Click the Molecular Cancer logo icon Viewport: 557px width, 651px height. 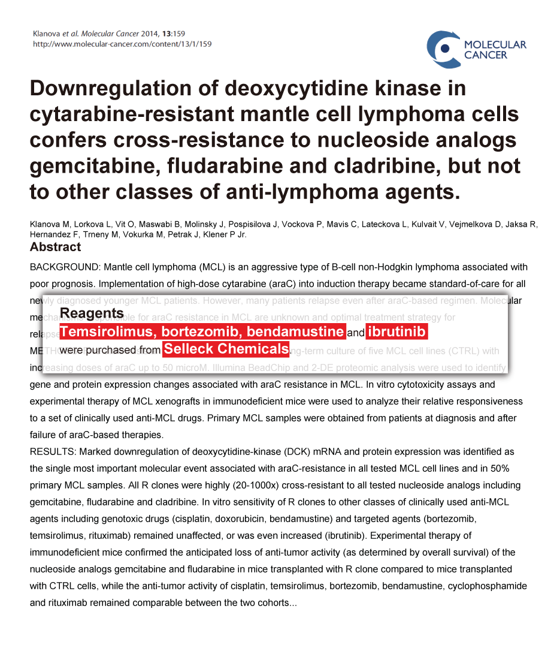click(443, 49)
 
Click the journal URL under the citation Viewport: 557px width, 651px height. click(122, 44)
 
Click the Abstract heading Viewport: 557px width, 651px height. click(55, 247)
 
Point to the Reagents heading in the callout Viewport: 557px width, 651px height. click(92, 313)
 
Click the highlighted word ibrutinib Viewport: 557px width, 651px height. click(396, 332)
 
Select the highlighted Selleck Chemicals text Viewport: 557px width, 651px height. click(226, 349)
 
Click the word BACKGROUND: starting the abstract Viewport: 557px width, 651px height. click(65, 267)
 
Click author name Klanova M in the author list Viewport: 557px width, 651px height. click(50, 224)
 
